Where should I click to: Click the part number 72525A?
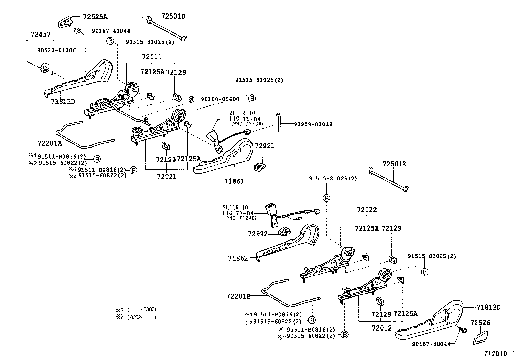pos(95,16)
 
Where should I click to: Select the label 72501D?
pos(173,16)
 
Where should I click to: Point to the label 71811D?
pos(63,101)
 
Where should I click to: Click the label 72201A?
pos(50,143)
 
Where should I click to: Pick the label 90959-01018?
pos(313,124)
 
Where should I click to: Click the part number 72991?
pos(265,146)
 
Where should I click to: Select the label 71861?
pos(234,181)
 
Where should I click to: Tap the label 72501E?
pos(394,164)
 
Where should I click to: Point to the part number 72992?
pos(258,234)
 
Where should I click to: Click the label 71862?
pos(238,258)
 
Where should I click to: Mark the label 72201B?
pos(238,296)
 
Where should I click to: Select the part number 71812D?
pos(489,307)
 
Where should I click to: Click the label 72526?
pos(480,322)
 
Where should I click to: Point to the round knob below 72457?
pos(44,68)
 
